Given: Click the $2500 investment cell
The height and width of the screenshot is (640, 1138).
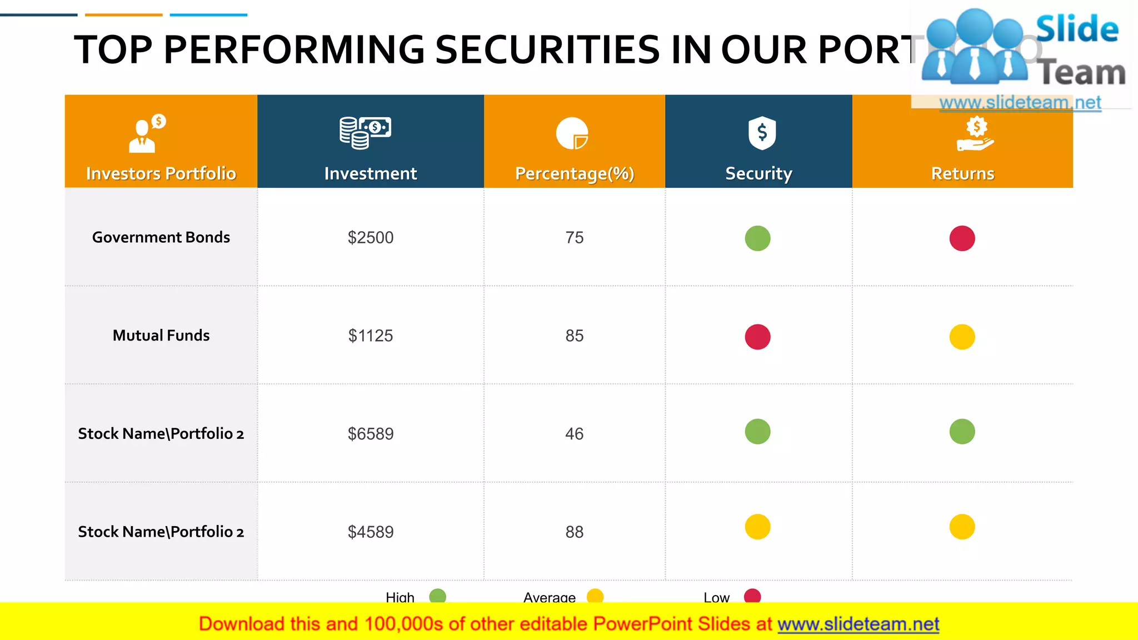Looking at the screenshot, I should point(371,238).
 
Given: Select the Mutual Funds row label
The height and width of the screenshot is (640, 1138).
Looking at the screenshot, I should point(161,336).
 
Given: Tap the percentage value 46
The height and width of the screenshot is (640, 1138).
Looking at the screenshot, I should point(574,434).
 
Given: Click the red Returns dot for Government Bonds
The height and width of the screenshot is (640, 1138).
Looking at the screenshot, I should point(962,238).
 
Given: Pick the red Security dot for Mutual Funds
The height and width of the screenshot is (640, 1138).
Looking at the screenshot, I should point(757,337).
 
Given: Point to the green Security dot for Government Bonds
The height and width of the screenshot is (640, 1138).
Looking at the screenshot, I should point(757,238).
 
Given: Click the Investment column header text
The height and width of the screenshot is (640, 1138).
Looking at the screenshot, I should point(371,173).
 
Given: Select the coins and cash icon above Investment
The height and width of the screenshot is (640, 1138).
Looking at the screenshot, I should point(365,133).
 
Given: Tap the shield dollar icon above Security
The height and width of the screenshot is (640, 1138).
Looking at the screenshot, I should point(762,133).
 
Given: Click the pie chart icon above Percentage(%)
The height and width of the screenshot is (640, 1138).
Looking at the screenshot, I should point(572,133).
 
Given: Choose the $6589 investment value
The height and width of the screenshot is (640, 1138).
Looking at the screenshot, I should point(371,434).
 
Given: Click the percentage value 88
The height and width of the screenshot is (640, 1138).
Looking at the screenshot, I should point(574,532).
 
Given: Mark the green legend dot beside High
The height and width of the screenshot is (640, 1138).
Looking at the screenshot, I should point(438,596).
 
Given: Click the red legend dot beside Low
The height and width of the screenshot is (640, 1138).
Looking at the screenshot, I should point(752,596).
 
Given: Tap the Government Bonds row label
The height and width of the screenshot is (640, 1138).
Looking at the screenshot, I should point(161,237).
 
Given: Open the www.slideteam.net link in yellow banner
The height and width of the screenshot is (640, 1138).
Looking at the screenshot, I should point(858,624).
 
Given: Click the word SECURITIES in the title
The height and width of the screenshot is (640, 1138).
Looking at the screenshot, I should point(547,50).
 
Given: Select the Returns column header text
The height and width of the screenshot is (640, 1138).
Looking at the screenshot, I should point(962,173).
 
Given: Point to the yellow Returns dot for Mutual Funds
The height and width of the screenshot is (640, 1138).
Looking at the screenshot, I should point(962,337).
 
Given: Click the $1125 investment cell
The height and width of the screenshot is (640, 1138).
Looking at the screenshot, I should point(371,336).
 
